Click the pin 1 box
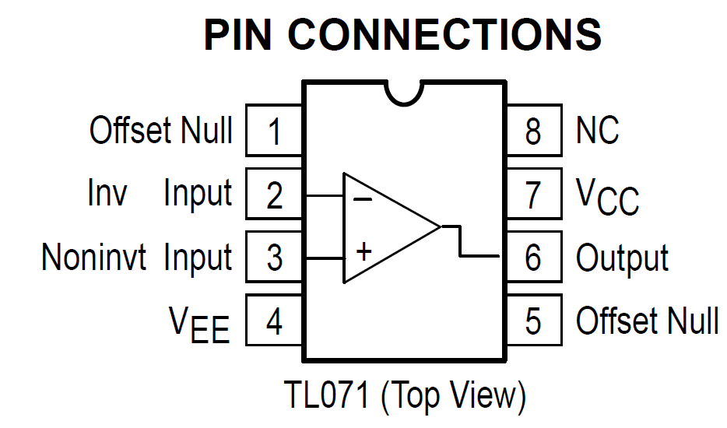pyautogui.click(x=274, y=131)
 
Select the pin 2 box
pyautogui.click(x=274, y=195)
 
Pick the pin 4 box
pyautogui.click(x=274, y=321)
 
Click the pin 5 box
pyautogui.click(x=533, y=321)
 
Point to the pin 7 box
pyautogui.click(x=533, y=195)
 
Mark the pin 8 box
pyautogui.click(x=533, y=131)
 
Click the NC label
pyautogui.click(x=597, y=131)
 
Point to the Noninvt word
pyautogui.click(x=94, y=258)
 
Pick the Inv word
pyautogui.click(x=107, y=194)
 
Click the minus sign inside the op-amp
pyautogui.click(x=363, y=199)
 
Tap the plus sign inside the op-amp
pyautogui.click(x=363, y=251)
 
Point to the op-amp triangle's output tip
pyautogui.click(x=441, y=226)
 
